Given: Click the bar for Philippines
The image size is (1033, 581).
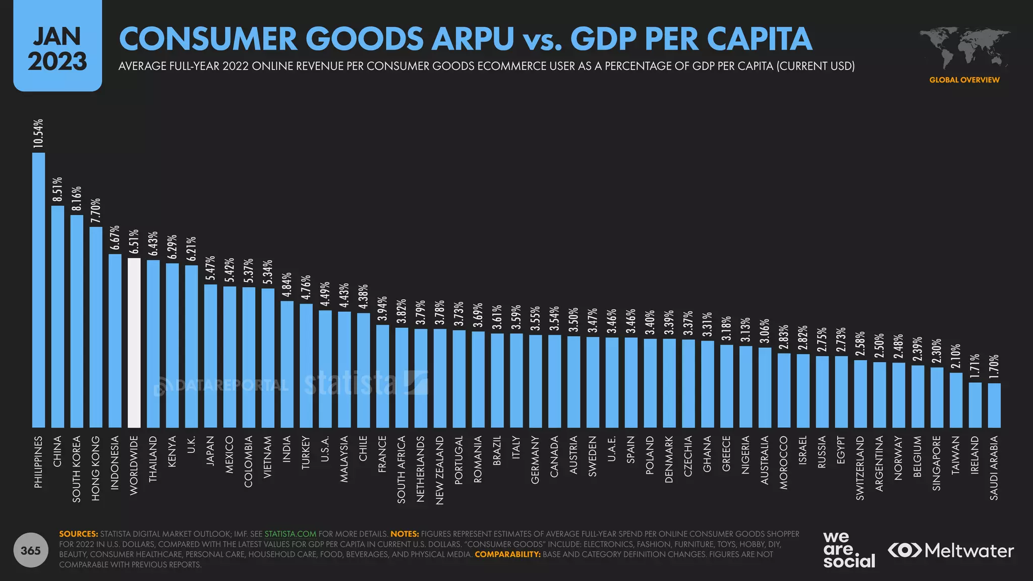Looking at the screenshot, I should click(x=38, y=290).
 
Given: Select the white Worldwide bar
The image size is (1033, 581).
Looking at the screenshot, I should click(x=134, y=343).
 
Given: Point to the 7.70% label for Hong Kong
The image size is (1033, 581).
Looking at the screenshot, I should click(x=96, y=211).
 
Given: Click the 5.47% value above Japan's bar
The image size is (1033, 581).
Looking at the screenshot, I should click(x=210, y=268).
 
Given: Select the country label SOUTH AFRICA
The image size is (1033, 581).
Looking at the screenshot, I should click(x=401, y=470).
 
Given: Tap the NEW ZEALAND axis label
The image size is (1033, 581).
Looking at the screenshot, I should click(x=440, y=471).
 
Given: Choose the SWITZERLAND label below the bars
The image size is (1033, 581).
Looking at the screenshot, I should click(x=860, y=468).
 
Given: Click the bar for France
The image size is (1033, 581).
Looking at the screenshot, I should click(x=383, y=376).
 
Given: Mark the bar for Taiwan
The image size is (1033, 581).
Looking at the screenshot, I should click(x=956, y=400).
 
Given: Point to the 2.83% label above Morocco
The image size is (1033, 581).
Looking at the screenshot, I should click(x=784, y=338).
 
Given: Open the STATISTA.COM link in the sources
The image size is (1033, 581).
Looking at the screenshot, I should click(x=291, y=534).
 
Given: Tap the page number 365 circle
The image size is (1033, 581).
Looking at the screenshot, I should click(x=30, y=550).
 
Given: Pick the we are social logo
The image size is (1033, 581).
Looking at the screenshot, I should click(x=849, y=550).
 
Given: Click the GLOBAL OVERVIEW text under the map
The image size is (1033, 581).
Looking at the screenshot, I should click(x=964, y=80).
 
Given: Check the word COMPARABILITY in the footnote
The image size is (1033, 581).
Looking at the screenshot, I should click(x=507, y=554).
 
